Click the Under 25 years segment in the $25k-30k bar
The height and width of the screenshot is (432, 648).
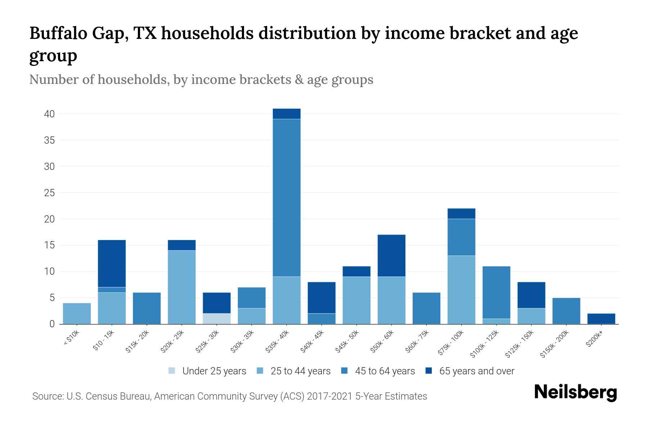tap(217, 319)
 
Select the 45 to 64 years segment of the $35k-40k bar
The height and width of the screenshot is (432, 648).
tap(287, 198)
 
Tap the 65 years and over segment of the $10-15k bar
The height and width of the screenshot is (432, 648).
tap(112, 263)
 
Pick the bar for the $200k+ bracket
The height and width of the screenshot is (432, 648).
tap(601, 319)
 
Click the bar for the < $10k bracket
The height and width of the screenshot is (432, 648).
tap(77, 314)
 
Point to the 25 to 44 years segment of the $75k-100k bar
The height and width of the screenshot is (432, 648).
tap(461, 290)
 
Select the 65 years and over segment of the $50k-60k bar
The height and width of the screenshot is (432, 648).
tap(391, 256)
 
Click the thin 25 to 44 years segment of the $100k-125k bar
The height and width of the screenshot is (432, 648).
tap(496, 321)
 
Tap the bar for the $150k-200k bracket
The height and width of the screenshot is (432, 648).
tap(566, 311)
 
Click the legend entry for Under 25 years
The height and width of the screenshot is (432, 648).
tap(214, 371)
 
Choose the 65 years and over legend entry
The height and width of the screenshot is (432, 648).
tap(477, 371)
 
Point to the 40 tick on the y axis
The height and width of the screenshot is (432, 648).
tap(50, 114)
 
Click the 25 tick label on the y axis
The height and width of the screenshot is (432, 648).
tap(50, 193)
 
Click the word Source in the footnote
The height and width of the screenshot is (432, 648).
tap(47, 396)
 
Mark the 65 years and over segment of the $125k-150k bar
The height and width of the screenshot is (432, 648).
tap(531, 295)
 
